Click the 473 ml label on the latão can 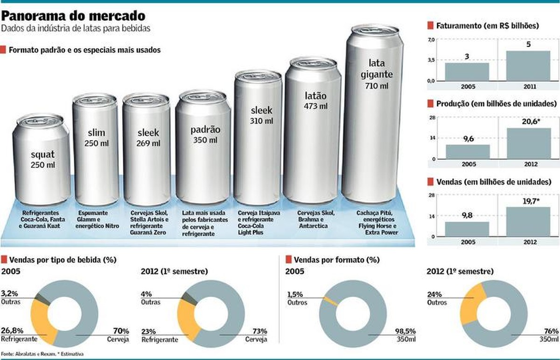click(x=316, y=106)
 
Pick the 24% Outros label click(x=437, y=298)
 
